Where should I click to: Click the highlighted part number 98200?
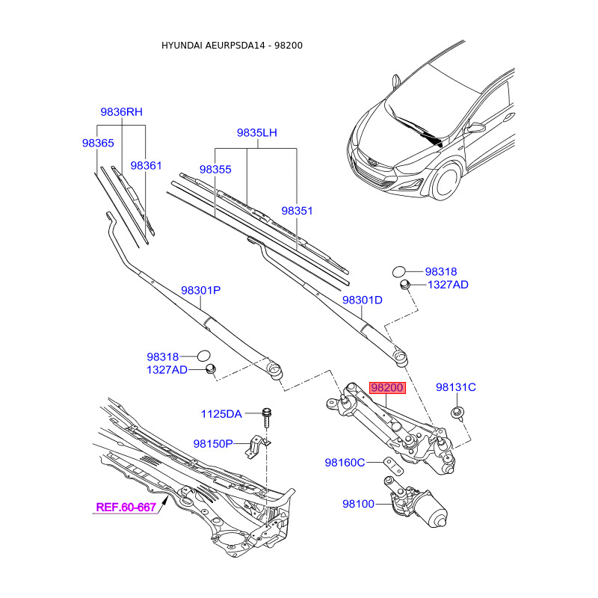387,388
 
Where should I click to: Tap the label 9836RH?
121,112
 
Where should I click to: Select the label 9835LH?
257,133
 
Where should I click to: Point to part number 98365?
98,142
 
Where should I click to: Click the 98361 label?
146,165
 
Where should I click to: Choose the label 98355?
216,170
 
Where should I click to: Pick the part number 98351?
297,212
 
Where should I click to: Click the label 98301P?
200,290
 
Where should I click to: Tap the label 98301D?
363,300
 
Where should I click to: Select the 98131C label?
456,387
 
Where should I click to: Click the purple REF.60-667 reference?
126,508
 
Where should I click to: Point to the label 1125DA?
221,414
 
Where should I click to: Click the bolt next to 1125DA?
267,416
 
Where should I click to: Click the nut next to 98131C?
456,413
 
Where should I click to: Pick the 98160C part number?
345,463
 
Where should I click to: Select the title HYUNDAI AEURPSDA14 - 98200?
232,46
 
